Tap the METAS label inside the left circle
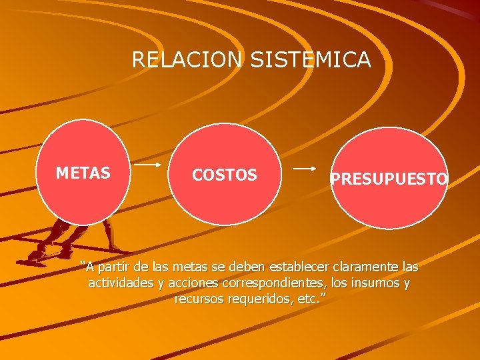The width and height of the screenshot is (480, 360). pos(83,174)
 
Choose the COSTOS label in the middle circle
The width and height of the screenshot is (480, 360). pos(224,175)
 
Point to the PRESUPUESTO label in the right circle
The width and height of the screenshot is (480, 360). pos(389,179)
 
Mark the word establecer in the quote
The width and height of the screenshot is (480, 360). pos(298,268)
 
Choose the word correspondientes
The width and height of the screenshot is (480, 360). pos(272,284)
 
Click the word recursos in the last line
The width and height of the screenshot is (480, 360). pos(198,300)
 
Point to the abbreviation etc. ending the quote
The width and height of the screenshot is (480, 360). pos(307,300)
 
